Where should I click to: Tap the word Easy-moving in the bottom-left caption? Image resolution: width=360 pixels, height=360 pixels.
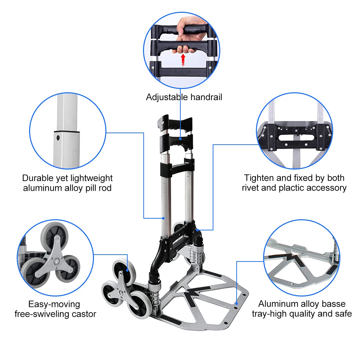coord(54,304)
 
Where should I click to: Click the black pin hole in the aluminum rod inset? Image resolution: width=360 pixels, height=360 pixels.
coord(58,138)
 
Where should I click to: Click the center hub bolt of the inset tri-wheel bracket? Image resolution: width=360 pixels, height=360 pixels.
coord(57,261)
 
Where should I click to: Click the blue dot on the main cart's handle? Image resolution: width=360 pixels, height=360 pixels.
coord(180,139)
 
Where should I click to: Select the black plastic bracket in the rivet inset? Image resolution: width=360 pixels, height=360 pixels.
coord(295,134)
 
